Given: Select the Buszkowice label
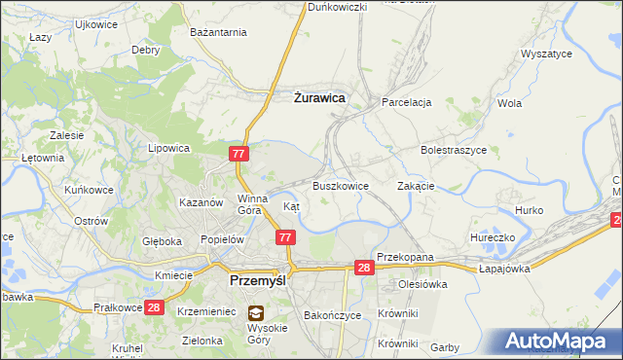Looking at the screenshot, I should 340,186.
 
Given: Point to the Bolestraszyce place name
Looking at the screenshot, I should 453,151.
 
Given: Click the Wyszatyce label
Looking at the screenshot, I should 546,54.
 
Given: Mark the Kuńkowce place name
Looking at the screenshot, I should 88,190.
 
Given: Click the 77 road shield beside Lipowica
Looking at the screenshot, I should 239,154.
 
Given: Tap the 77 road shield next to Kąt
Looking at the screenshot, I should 285,237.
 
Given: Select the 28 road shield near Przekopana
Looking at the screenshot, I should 363,268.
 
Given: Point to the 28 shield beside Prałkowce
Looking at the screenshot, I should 153,307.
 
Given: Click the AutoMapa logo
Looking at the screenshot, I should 558,341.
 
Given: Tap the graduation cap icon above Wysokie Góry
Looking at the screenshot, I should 255,313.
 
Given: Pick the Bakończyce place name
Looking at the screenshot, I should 333,316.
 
